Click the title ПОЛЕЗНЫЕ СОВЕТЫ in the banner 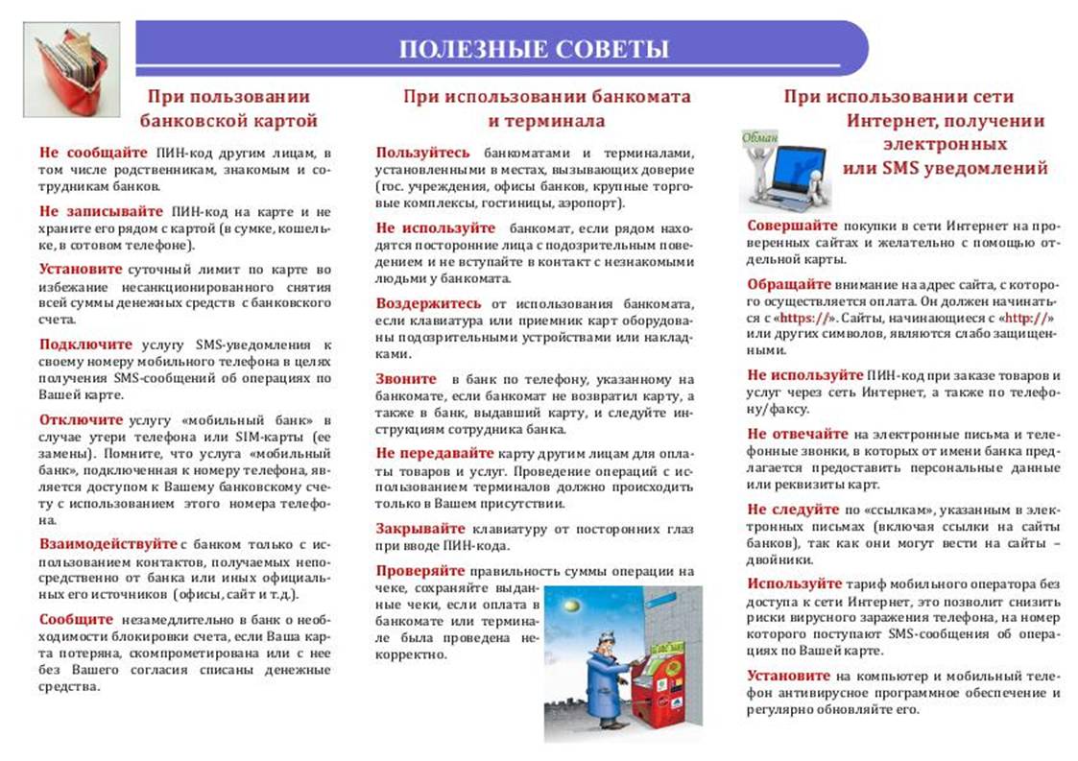(x=534, y=49)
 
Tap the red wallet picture (x=71, y=69)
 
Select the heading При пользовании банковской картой (x=228, y=108)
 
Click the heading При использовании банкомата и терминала (x=546, y=108)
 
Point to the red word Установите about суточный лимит (x=81, y=269)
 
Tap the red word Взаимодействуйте (x=108, y=543)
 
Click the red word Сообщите (x=76, y=618)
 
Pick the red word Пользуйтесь (x=423, y=153)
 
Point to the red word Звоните (x=406, y=378)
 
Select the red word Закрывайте (x=420, y=529)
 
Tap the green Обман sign (x=760, y=137)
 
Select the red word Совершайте (x=792, y=225)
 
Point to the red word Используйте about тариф (x=795, y=583)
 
